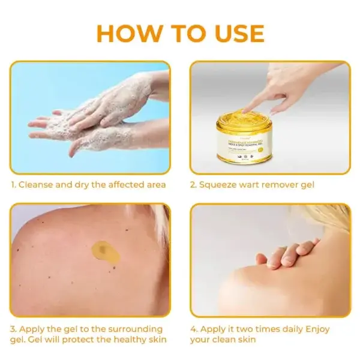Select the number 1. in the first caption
pyautogui.click(x=13, y=185)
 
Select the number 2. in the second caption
pyautogui.click(x=194, y=185)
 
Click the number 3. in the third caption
pyautogui.click(x=13, y=329)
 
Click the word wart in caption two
pyautogui.click(x=254, y=185)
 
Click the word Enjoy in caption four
pyautogui.click(x=319, y=329)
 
